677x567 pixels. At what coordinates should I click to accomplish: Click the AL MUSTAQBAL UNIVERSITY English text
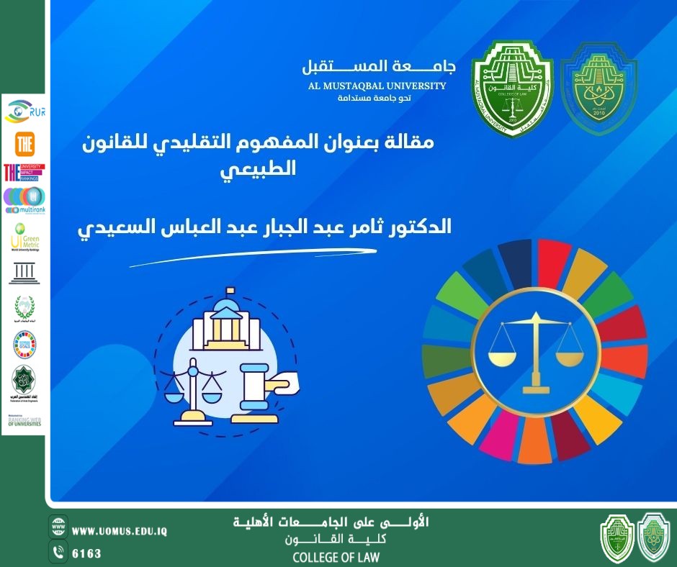click(x=375, y=86)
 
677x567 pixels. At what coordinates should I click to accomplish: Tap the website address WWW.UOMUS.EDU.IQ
click(x=120, y=531)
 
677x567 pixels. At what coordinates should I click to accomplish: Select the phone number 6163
click(x=87, y=553)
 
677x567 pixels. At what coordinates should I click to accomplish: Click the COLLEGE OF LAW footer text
click(x=336, y=557)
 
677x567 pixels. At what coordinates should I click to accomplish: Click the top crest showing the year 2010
click(x=599, y=89)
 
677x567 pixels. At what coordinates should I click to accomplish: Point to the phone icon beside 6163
click(x=58, y=553)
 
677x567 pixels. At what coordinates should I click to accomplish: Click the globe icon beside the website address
click(x=58, y=527)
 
